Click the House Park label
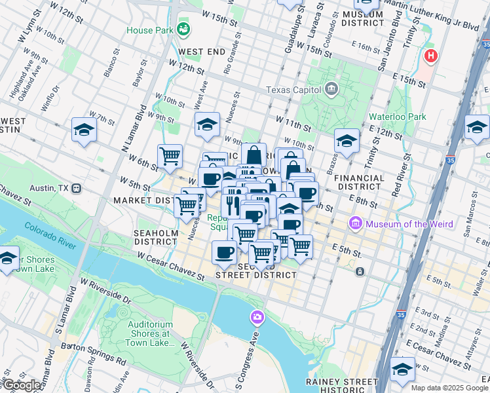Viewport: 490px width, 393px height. click(149, 30)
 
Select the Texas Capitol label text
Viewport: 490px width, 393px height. click(293, 90)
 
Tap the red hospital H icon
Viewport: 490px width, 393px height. click(430, 56)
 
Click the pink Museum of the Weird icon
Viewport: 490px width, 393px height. click(357, 224)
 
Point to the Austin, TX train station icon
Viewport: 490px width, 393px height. click(77, 188)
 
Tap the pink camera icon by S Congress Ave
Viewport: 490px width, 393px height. click(257, 318)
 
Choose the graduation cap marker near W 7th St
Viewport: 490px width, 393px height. click(85, 130)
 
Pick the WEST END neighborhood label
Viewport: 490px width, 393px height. click(202, 52)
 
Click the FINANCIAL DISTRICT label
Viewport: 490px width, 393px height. click(359, 182)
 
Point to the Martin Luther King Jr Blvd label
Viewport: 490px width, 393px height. click(432, 16)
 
